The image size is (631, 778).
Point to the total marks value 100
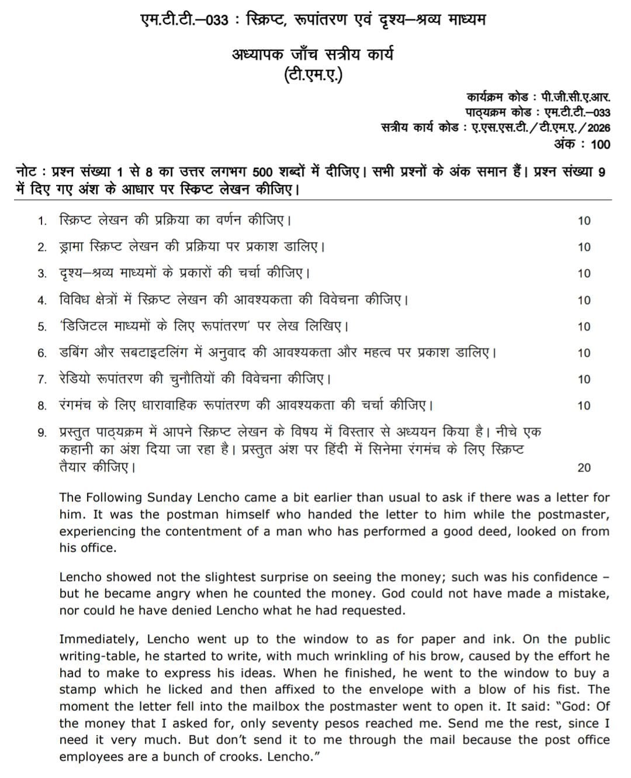pos(600,144)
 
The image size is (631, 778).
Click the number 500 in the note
pos(266,173)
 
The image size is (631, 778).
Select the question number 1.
pos(41,221)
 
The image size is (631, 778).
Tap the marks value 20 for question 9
pos(584,467)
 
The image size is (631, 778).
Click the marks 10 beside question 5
pos(584,326)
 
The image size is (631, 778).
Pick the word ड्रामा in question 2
pos(74,246)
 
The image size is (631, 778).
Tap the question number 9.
pos(41,432)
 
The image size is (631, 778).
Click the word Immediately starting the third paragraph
pos(100,639)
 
